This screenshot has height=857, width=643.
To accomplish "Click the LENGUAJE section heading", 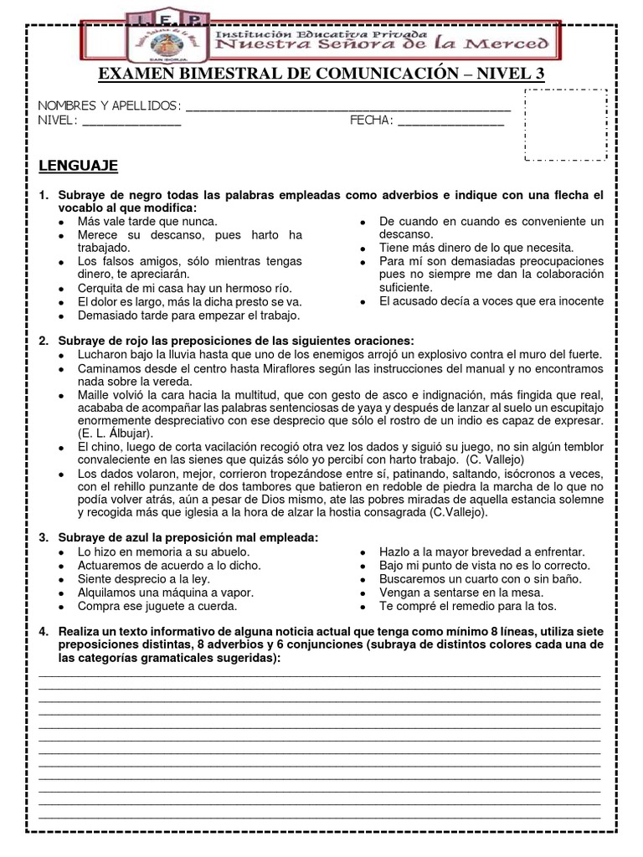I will coord(79,166).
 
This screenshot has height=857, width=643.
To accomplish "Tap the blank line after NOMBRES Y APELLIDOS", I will coord(347,108).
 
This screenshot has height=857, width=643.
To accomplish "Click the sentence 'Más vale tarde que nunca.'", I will coord(147,222).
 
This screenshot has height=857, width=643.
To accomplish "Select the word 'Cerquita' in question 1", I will coord(100,288).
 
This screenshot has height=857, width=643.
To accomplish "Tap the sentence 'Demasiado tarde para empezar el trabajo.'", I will coord(188,316).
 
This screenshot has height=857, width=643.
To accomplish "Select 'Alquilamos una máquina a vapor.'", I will coord(164,592).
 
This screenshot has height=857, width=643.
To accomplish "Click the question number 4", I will coord(44,631).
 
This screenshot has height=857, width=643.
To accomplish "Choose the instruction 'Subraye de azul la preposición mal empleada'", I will coord(188,537).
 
